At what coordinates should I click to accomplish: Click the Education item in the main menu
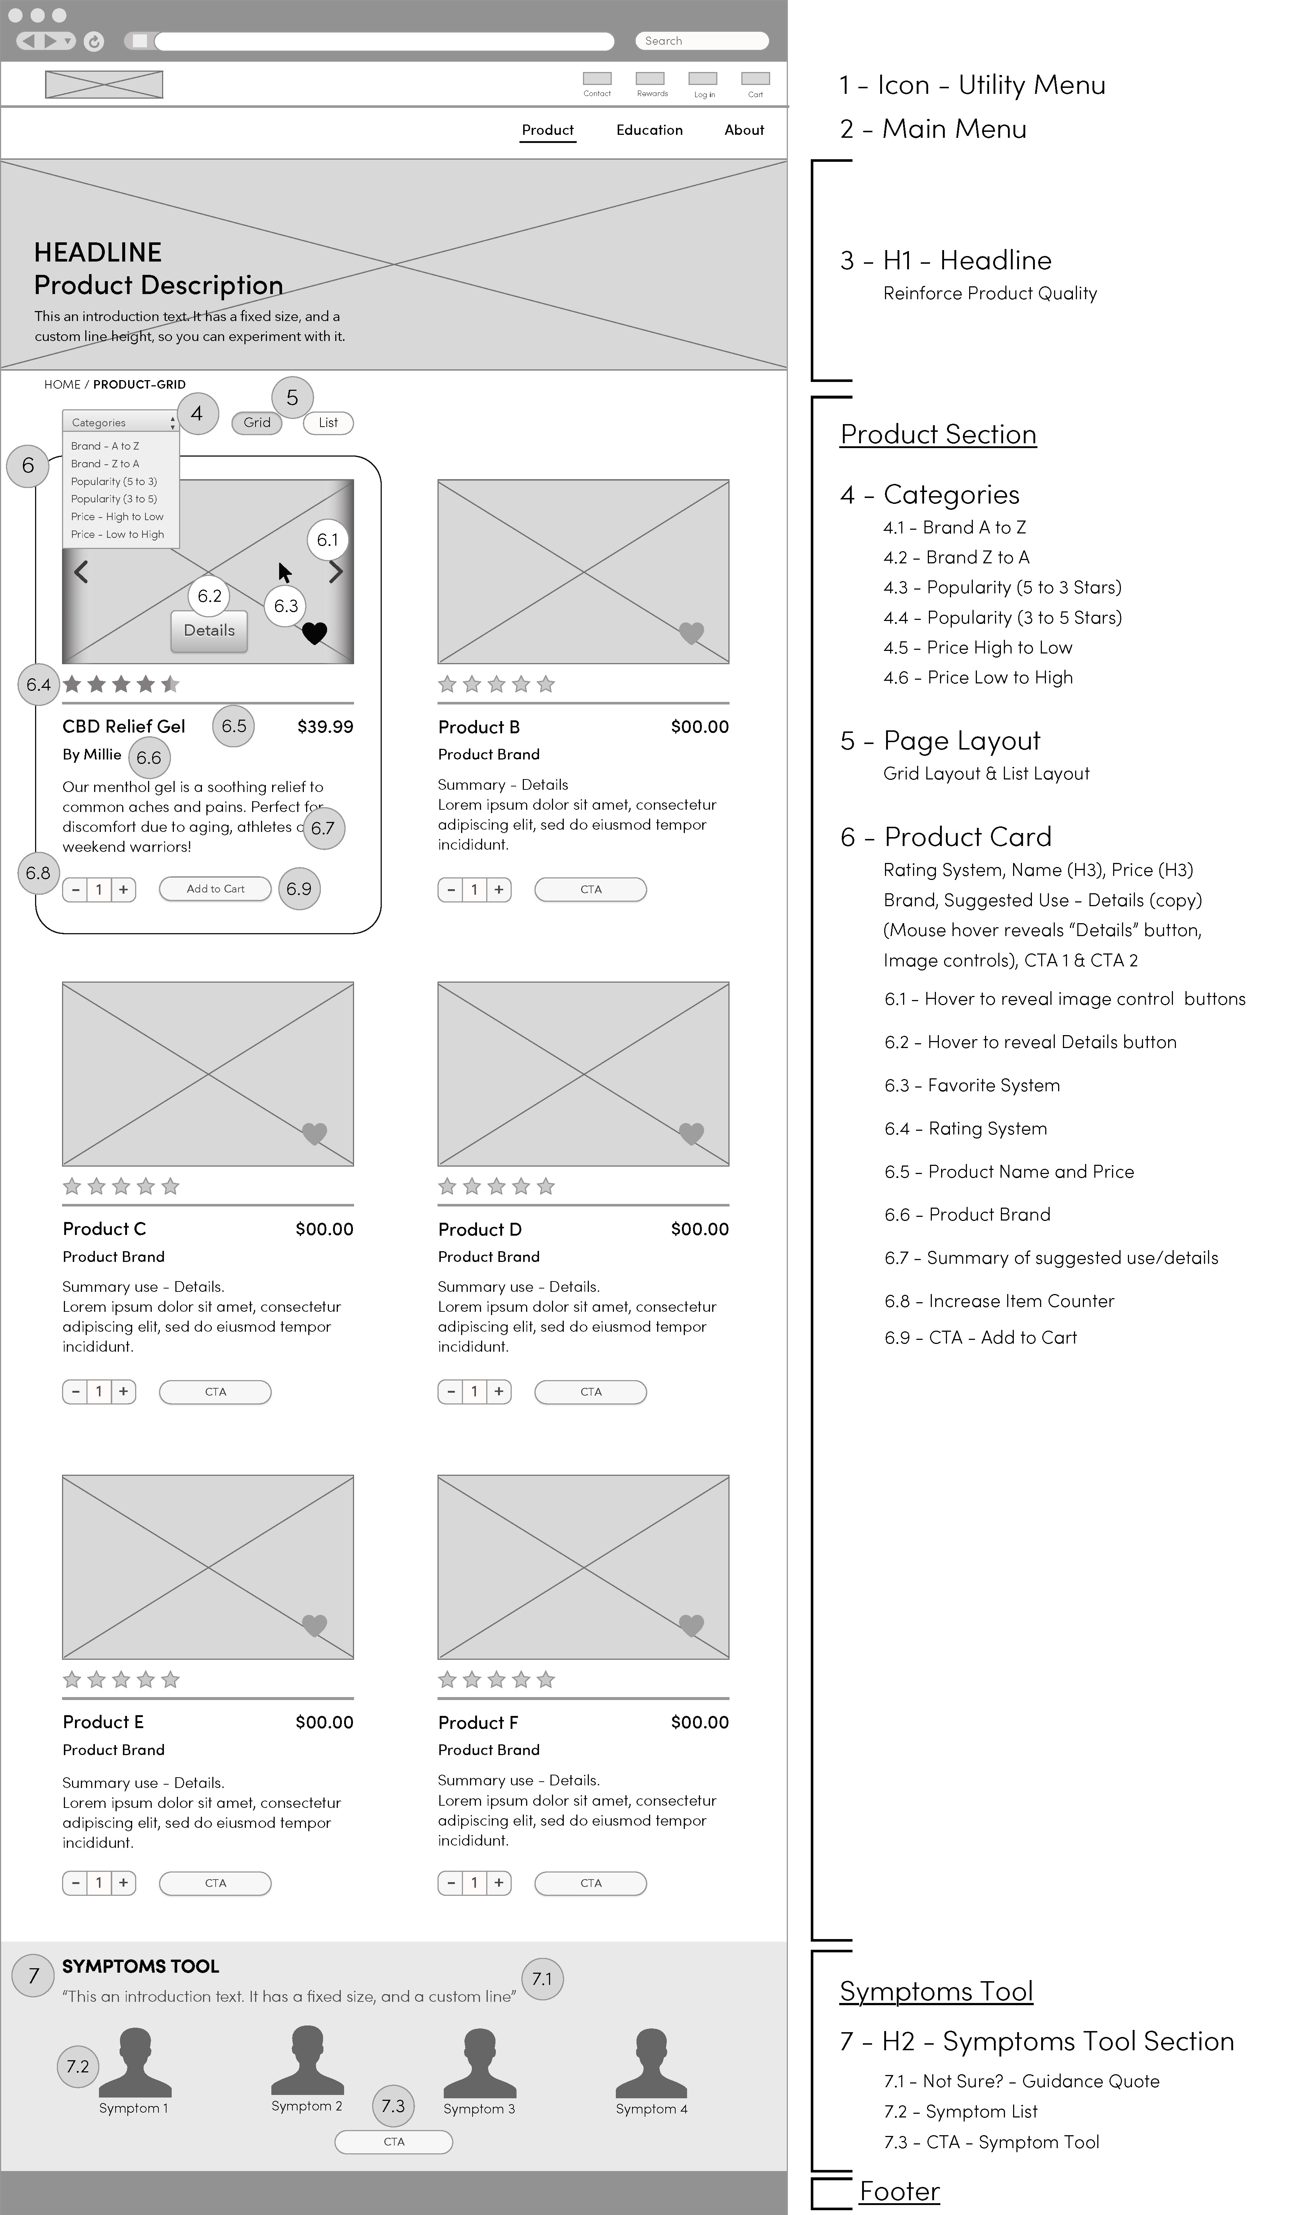[x=649, y=130]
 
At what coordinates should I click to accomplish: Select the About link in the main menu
[x=744, y=130]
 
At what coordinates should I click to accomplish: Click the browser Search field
[x=701, y=40]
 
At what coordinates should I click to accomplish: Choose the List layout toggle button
[x=328, y=423]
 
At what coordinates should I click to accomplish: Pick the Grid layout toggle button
[x=257, y=423]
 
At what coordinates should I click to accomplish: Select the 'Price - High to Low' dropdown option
[x=117, y=517]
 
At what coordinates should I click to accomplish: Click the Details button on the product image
[x=209, y=631]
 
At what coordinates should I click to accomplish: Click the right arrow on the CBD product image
[x=336, y=572]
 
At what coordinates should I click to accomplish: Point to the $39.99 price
[x=325, y=727]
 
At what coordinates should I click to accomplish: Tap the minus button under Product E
[x=76, y=1883]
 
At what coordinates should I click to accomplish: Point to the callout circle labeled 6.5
[x=234, y=726]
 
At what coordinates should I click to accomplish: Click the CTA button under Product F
[x=590, y=1883]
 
